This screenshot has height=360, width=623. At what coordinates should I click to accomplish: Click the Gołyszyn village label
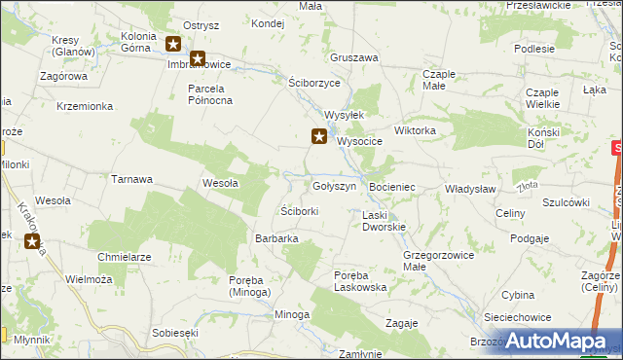pyautogui.click(x=335, y=185)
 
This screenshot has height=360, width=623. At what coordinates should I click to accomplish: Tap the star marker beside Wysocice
pyautogui.click(x=318, y=137)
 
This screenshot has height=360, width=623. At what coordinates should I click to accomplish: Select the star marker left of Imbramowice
pyautogui.click(x=173, y=43)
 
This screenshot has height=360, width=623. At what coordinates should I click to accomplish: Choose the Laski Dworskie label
pyautogui.click(x=384, y=221)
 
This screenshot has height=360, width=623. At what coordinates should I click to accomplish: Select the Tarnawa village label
pyautogui.click(x=132, y=179)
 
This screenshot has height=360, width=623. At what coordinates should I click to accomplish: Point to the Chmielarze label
pyautogui.click(x=123, y=257)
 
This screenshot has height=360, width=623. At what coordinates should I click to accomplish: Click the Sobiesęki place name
pyautogui.click(x=176, y=333)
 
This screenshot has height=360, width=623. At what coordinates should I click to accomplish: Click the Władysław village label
pyautogui.click(x=470, y=189)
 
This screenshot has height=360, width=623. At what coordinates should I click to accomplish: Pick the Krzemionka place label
pyautogui.click(x=85, y=105)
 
